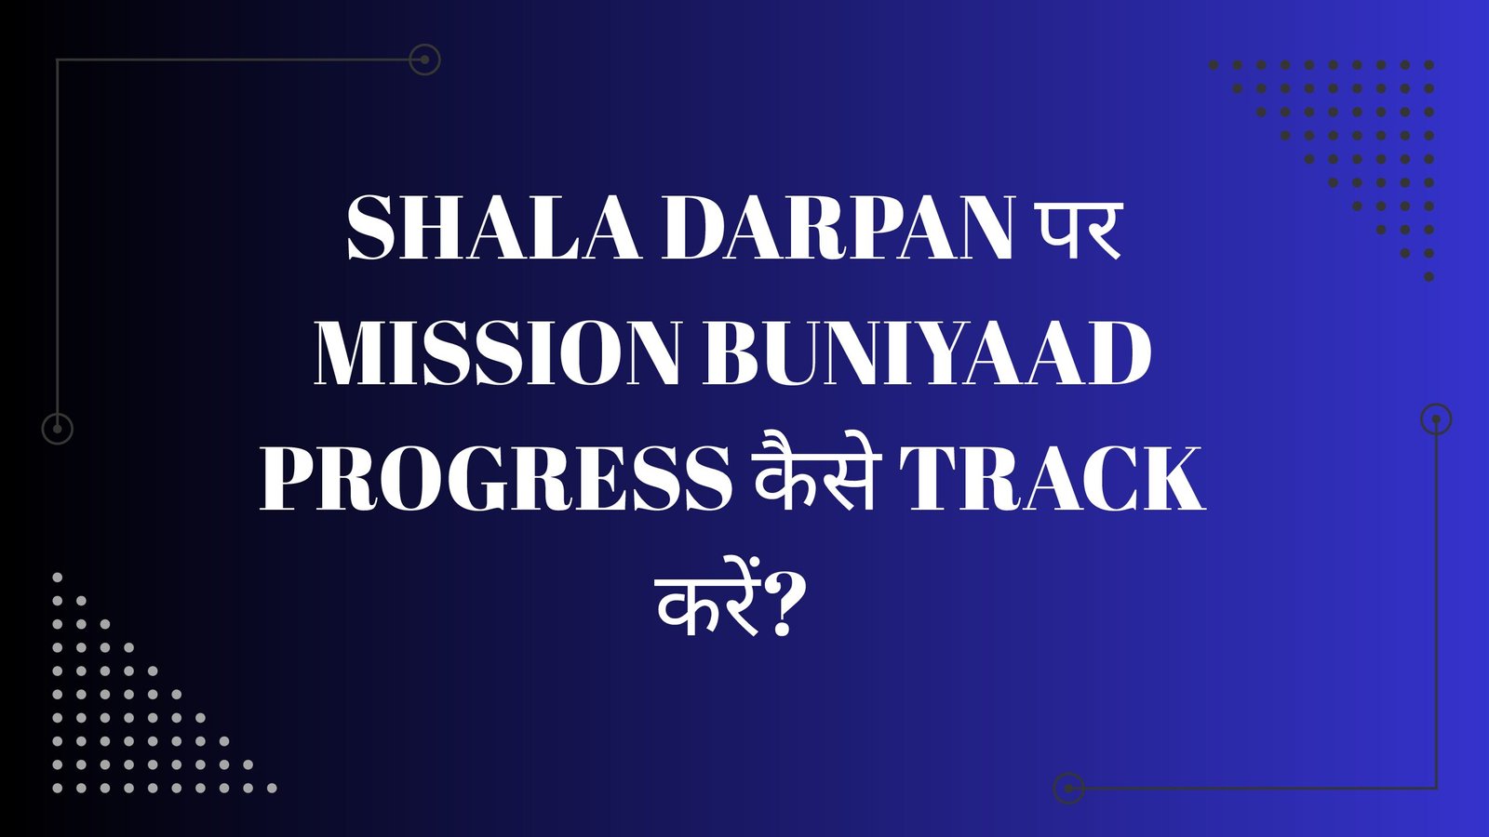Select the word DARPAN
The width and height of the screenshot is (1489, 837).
(838, 229)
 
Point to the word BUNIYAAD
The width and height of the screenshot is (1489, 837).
(927, 354)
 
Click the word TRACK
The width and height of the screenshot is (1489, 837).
(1056, 479)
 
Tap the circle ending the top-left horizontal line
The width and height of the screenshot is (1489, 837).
(424, 60)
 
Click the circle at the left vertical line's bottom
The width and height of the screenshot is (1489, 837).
(58, 429)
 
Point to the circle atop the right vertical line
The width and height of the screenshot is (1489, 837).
(1437, 419)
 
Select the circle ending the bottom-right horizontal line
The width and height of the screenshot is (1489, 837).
(1069, 789)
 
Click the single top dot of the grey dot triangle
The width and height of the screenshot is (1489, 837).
(58, 578)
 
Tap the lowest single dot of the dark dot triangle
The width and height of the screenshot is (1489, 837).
(1429, 276)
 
